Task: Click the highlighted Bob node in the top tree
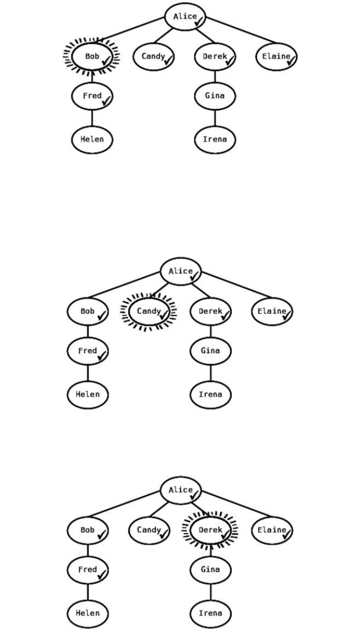(x=92, y=56)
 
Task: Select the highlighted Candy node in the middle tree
(x=149, y=311)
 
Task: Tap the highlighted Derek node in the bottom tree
(x=210, y=530)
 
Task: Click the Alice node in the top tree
(x=185, y=16)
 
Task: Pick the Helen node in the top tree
(x=92, y=139)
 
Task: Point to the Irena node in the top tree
(x=215, y=139)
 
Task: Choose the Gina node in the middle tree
(x=210, y=351)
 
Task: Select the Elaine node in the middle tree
(x=272, y=311)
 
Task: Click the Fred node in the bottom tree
(x=87, y=569)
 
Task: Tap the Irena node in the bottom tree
(x=210, y=613)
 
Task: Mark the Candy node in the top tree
(x=153, y=56)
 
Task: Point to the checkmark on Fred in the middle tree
(x=101, y=355)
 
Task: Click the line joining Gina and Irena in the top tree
(x=215, y=118)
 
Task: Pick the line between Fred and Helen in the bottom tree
(x=87, y=591)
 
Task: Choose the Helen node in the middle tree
(x=87, y=394)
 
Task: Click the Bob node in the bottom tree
(x=87, y=530)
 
